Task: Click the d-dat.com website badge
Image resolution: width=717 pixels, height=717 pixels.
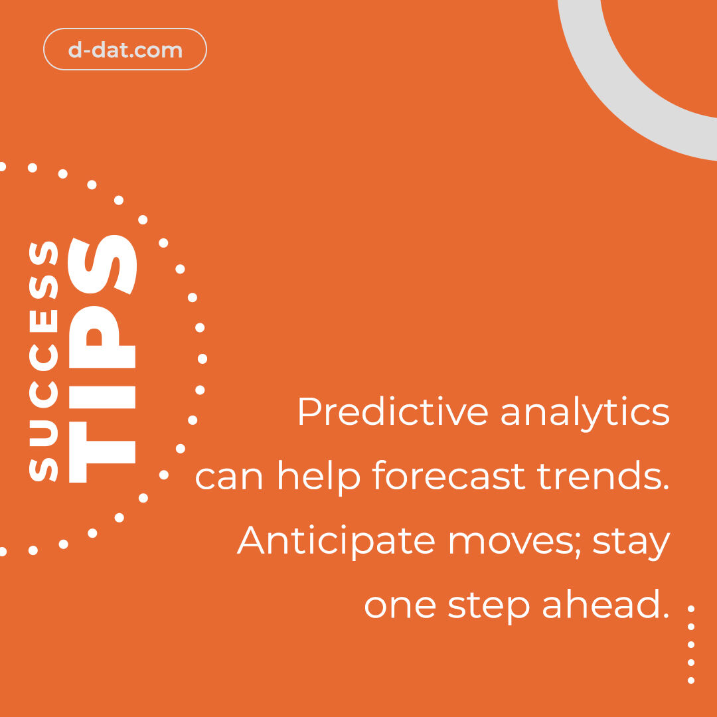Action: pos(125,50)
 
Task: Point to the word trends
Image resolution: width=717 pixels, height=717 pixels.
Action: pos(606,476)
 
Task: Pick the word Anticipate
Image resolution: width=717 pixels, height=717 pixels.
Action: pos(337,542)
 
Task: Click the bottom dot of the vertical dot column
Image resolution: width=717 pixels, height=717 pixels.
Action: pos(691,680)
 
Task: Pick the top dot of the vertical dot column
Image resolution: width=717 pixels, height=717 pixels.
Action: pos(691,608)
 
